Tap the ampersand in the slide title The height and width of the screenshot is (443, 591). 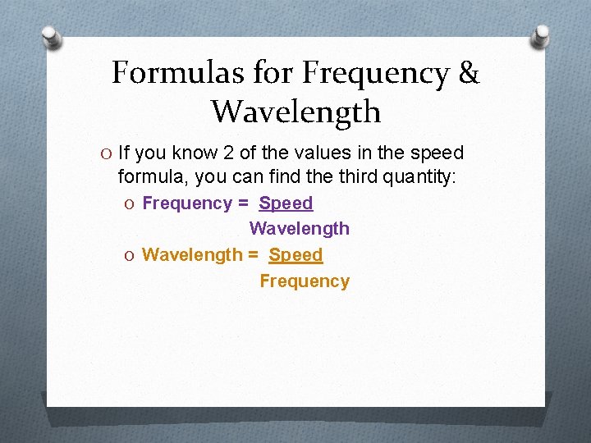click(x=469, y=73)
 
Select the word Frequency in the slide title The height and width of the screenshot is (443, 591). click(x=375, y=73)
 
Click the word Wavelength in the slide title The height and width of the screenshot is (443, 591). click(x=295, y=111)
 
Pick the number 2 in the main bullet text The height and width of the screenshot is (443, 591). click(x=228, y=153)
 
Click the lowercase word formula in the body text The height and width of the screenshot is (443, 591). click(x=152, y=176)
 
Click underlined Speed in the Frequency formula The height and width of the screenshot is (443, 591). click(x=286, y=203)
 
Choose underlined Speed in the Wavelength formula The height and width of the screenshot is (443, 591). click(x=295, y=254)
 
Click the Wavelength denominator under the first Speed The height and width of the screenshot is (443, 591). click(x=299, y=228)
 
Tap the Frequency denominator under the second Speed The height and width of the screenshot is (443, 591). click(x=305, y=281)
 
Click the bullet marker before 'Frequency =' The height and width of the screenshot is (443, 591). click(x=132, y=203)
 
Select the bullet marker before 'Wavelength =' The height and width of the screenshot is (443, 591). click(x=132, y=255)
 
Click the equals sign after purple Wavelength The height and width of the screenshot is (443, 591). click(x=254, y=255)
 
